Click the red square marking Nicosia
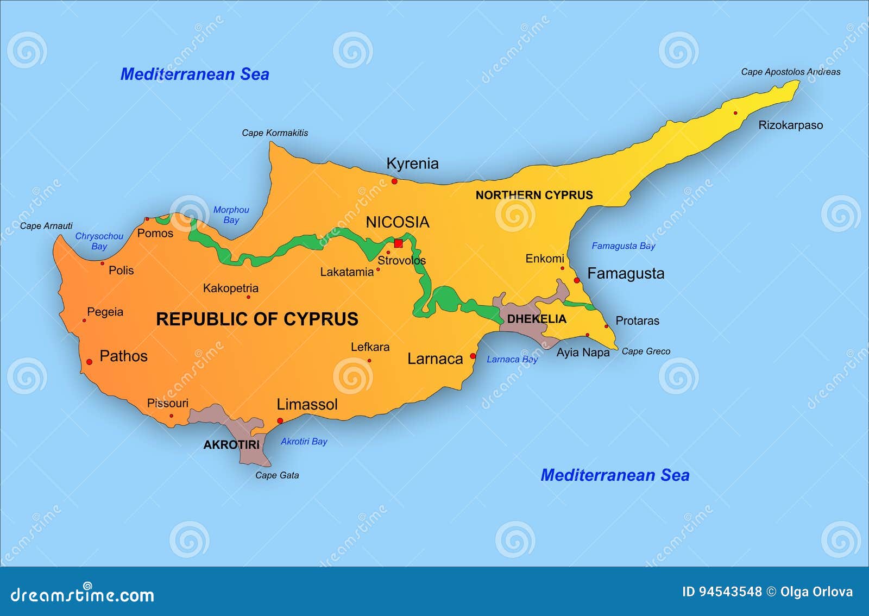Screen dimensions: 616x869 point(398,243)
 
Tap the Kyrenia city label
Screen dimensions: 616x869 point(412,164)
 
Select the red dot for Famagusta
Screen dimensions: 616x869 point(577,280)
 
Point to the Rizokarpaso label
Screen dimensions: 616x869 point(790,125)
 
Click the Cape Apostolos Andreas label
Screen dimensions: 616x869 point(790,72)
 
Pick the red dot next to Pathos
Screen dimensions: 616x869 point(90,362)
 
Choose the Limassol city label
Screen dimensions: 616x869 point(307,405)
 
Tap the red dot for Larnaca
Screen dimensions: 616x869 point(473,356)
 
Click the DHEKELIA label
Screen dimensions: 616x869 point(537,319)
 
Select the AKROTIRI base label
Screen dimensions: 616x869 point(231,445)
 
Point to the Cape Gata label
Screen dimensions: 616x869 point(277,475)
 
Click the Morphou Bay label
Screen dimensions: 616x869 point(231,215)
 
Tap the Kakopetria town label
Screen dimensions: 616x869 point(230,288)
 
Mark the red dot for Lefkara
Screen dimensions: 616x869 point(369,360)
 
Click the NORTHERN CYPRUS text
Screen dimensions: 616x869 point(534,195)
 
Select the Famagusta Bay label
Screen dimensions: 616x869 point(623,246)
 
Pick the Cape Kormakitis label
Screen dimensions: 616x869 point(275,133)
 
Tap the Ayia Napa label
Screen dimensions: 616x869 point(583,353)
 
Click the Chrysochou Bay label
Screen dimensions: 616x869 point(99,241)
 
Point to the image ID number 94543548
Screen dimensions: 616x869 point(722,592)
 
